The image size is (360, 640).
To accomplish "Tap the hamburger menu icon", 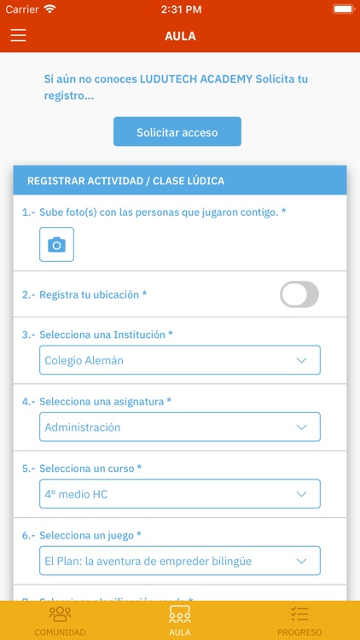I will pos(18,36).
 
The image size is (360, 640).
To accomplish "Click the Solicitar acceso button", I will pos(177,132).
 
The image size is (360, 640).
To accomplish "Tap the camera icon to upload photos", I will pos(56,244).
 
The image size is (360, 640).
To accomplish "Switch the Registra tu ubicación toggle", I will pos(299,294).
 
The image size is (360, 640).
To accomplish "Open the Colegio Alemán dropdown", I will pos(180,360).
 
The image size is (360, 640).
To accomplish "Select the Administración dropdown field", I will pos(180,427).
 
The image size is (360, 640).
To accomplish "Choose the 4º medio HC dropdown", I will pos(180,493).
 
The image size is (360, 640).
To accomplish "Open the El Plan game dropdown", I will pos(180,561).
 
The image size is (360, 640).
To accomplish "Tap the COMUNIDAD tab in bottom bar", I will pos(60,620).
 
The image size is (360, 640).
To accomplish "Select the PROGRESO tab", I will pos(299,620).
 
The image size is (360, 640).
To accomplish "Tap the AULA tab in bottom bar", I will pos(180,620).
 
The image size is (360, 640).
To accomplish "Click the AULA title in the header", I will pos(180,36).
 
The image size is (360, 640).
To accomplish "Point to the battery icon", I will pos(344,9).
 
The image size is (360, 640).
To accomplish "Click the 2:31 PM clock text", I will pos(179,9).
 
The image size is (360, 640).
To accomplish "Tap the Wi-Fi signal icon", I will pos(49,9).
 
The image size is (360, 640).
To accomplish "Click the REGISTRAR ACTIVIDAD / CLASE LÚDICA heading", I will pos(125,181).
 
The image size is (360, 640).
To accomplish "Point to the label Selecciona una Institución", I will pos(106,335).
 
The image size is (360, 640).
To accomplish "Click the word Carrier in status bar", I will pos(22,9).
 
